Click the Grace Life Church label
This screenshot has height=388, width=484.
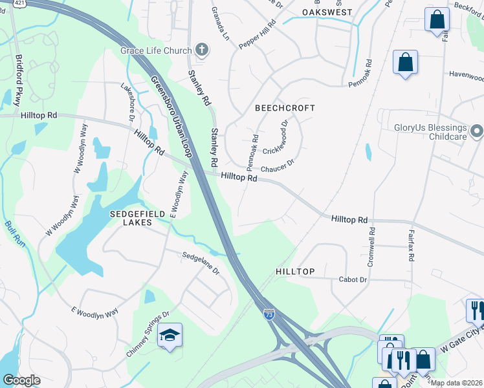[x=155, y=50]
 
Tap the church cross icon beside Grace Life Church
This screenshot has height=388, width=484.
[x=202, y=50]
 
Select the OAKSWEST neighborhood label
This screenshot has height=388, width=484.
[x=327, y=12]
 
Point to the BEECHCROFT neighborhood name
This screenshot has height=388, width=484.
[x=285, y=108]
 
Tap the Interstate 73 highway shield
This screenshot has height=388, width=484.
[x=269, y=314]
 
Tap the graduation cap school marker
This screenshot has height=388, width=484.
[x=170, y=335]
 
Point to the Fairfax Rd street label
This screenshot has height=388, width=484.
[x=411, y=244]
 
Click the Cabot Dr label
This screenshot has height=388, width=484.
[x=353, y=279]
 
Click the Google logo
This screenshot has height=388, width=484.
[x=21, y=380]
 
